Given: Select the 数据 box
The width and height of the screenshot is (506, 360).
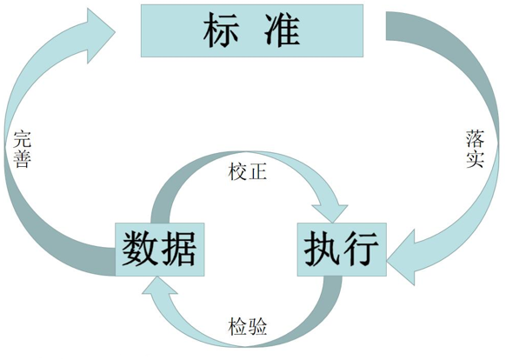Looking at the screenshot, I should pyautogui.click(x=158, y=249).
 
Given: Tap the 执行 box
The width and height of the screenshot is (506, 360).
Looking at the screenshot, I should pyautogui.click(x=343, y=249).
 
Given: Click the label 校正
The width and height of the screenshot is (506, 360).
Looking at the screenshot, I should pyautogui.click(x=248, y=170).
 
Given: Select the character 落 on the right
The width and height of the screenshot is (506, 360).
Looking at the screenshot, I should pyautogui.click(x=475, y=139).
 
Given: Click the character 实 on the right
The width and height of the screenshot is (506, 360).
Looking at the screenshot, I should pyautogui.click(x=475, y=161).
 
